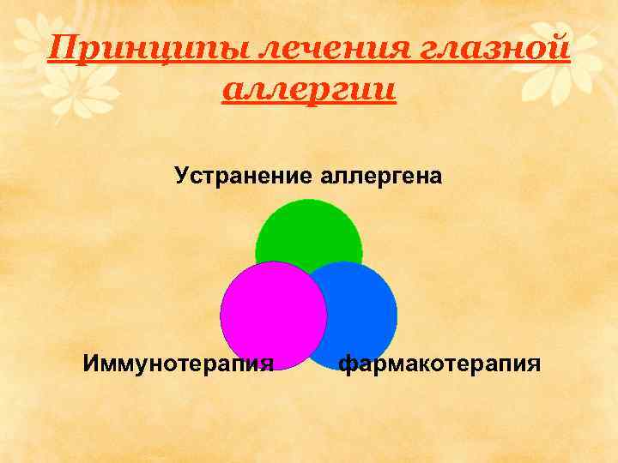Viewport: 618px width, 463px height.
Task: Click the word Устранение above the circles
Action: pos(245,177)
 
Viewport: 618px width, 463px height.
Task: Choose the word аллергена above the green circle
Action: pos(383,177)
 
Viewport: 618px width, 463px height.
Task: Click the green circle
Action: pos(309,227)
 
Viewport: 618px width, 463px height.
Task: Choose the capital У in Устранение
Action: pos(181,177)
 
